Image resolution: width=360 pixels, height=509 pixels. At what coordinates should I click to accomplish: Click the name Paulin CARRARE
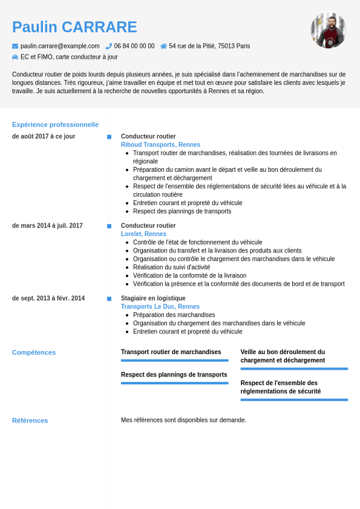74,27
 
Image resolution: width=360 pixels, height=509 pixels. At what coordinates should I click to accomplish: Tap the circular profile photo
328,30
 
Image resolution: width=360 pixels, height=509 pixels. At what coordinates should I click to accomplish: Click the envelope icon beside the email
15,46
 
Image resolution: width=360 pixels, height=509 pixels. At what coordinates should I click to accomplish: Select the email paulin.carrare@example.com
60,46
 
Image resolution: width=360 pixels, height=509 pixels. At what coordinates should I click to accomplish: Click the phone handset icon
109,46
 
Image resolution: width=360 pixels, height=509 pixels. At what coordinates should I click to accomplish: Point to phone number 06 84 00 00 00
134,46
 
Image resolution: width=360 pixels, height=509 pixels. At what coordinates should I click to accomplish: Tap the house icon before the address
163,46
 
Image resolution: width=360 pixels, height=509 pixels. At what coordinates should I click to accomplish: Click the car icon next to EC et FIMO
15,57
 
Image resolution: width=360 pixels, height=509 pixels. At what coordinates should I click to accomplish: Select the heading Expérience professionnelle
55,125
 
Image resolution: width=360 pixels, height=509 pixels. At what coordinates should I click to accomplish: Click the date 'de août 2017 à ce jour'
44,136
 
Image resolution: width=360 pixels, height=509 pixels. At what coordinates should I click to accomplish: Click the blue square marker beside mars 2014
109,226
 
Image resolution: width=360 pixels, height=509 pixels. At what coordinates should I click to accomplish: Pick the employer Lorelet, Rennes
143,234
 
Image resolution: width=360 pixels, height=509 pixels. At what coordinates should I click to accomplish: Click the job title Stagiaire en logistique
153,298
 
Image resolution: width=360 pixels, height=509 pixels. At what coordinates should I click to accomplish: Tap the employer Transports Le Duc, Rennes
160,307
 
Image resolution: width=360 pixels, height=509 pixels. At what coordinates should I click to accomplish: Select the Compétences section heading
34,352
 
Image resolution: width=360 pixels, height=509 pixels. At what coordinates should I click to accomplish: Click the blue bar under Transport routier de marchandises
174,361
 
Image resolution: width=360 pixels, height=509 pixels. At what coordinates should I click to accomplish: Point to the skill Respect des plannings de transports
174,375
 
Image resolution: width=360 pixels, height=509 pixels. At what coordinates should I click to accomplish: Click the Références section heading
30,421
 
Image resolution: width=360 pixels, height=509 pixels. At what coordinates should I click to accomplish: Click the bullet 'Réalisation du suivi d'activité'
172,267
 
